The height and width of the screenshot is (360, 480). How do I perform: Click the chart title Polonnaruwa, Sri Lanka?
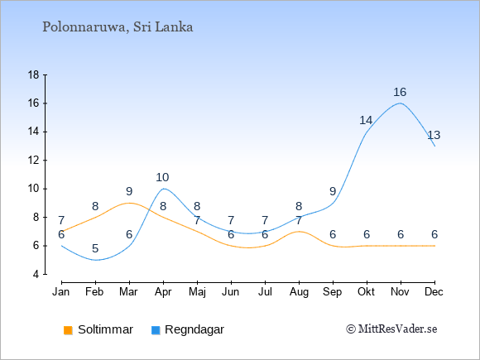click(118, 27)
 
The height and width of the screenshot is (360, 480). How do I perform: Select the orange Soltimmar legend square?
click(68, 330)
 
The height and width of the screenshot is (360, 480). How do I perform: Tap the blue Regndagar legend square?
click(156, 330)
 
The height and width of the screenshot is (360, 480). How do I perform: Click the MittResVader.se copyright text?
click(391, 329)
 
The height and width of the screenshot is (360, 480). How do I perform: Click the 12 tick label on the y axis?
click(34, 160)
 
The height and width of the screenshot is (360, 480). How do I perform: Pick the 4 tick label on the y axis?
click(36, 274)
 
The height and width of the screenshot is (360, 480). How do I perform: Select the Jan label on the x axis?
click(61, 292)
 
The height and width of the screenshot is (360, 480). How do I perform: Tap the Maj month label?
click(197, 292)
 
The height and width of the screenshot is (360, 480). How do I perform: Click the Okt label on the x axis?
click(366, 292)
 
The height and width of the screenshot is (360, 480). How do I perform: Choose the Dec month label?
click(434, 292)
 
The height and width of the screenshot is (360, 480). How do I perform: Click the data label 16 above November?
click(400, 92)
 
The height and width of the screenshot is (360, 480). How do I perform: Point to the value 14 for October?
click(366, 120)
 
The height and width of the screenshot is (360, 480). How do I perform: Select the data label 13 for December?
click(434, 135)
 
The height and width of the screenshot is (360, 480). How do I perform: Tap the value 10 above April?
click(162, 177)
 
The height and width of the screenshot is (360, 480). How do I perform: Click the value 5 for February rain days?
click(95, 248)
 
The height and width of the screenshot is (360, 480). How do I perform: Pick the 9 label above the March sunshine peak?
click(129, 191)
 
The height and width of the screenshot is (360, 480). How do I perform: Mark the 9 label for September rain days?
click(333, 191)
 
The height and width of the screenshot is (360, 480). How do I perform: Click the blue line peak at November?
click(401, 103)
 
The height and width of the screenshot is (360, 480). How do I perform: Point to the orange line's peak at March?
click(129, 203)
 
